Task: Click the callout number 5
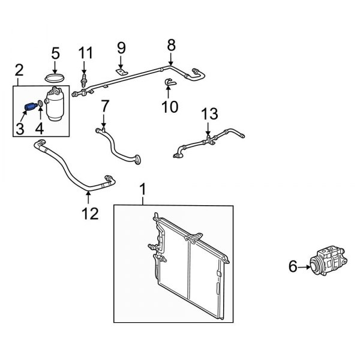[55, 53]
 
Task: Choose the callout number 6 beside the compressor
[293, 266]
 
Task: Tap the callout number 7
[104, 106]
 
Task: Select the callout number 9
[121, 47]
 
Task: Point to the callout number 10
[170, 107]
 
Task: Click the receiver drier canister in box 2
[56, 104]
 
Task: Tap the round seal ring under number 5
[55, 77]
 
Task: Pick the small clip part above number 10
[169, 83]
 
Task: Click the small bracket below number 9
[121, 73]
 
